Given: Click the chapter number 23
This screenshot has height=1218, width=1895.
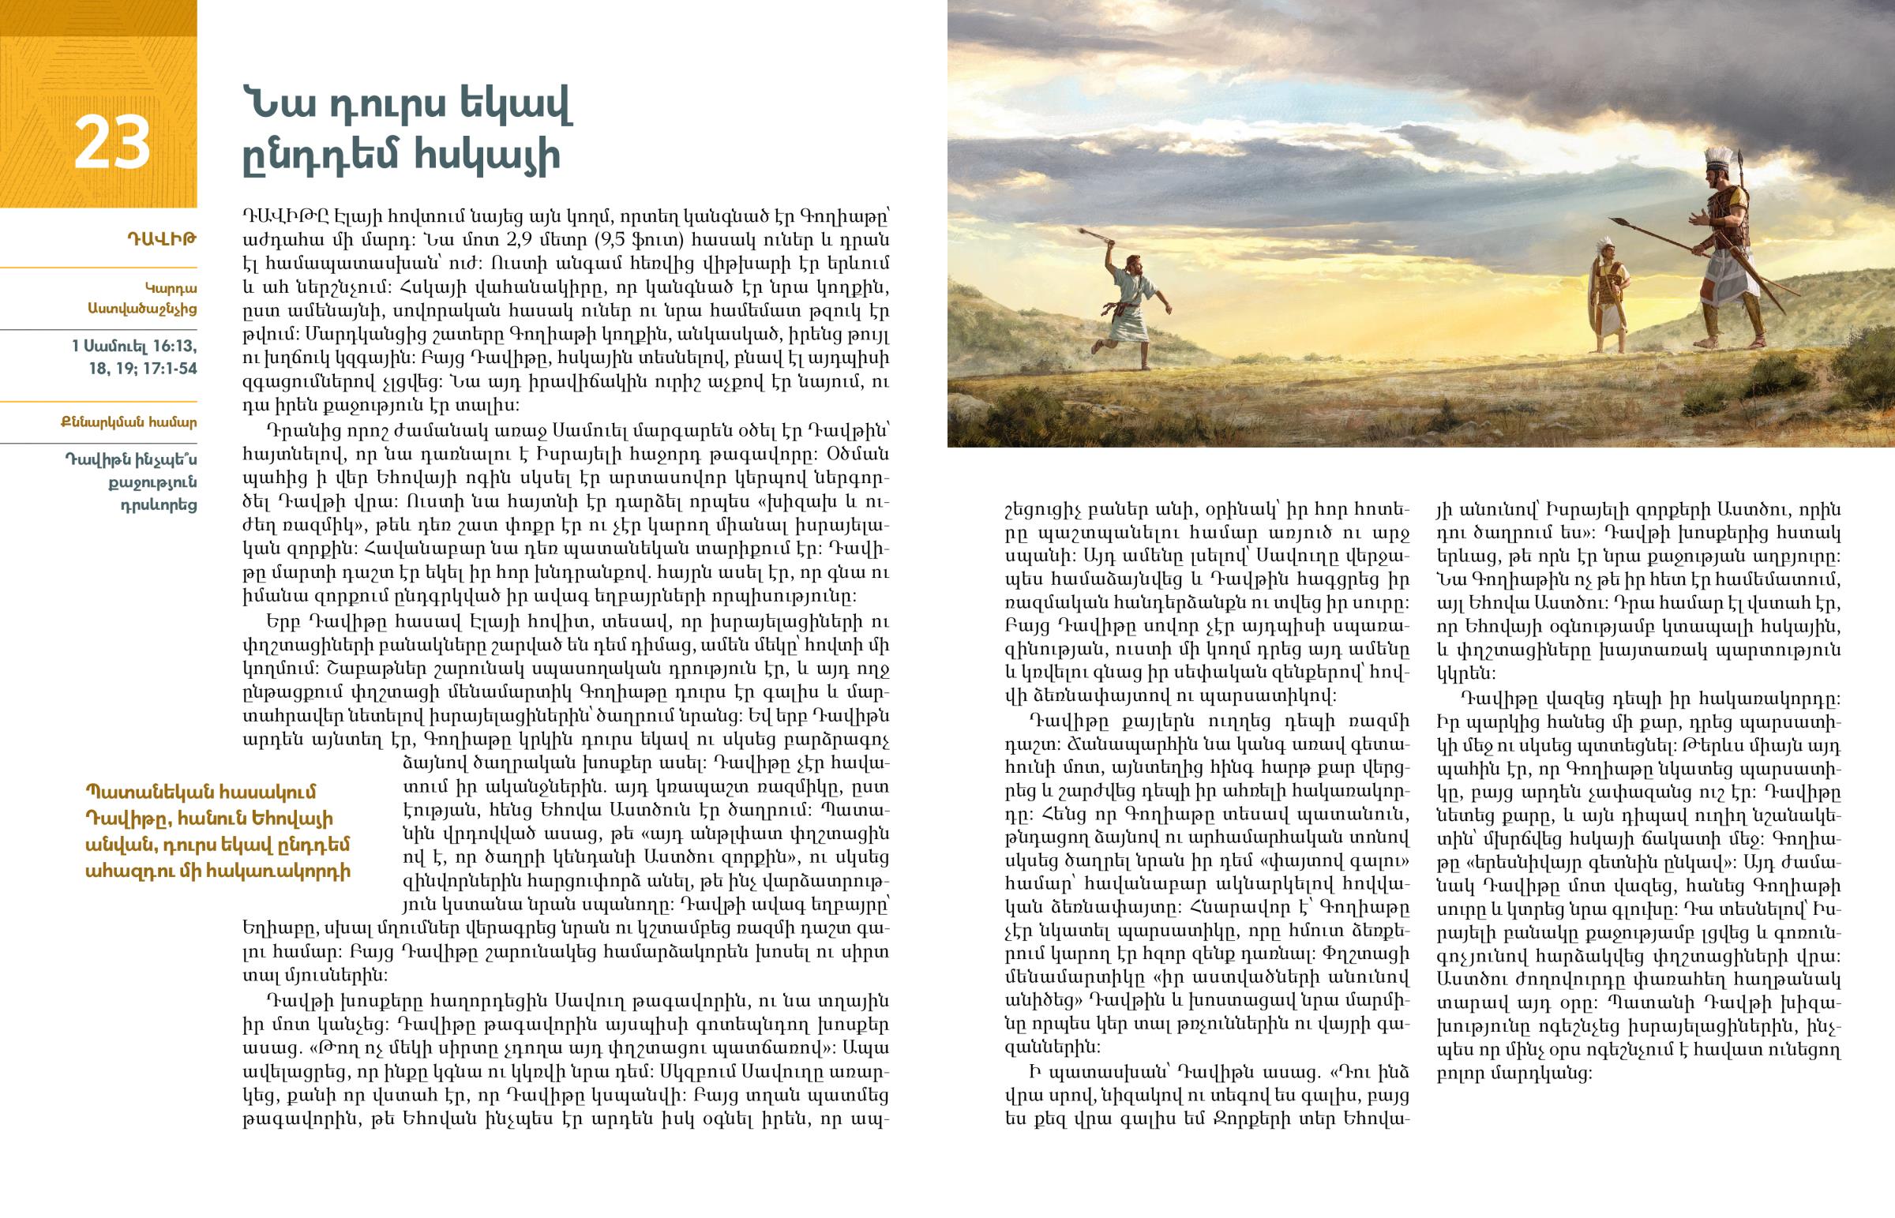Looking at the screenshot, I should coord(111,143).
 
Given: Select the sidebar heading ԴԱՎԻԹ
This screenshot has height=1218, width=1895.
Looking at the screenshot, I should coord(161,238).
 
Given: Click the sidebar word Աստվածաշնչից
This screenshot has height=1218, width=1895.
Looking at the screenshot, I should coord(142,309).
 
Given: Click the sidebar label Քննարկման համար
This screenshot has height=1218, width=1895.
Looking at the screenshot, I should coord(129,422).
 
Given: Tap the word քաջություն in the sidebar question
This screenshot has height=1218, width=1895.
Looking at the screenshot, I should coord(152,482).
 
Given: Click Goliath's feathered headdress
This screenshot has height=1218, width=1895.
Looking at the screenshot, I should coord(1718,156).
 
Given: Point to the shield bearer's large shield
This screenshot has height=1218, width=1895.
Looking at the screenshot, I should coord(1594,297).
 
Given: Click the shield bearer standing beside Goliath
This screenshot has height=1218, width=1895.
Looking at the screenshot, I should coord(1609,297).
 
